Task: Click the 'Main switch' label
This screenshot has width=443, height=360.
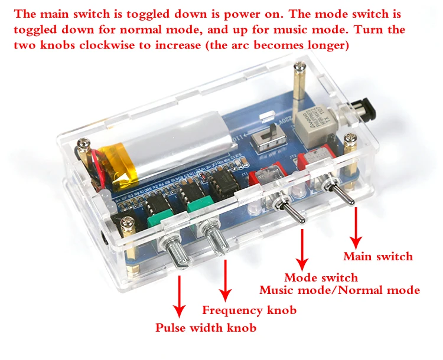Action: point(378,256)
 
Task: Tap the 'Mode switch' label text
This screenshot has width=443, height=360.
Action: point(321,277)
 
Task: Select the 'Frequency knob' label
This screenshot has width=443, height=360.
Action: point(249,310)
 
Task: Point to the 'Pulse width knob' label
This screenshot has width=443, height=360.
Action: point(206,328)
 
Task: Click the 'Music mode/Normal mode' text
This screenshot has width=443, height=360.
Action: point(340,290)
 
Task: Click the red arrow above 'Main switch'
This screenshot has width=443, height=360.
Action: point(356,227)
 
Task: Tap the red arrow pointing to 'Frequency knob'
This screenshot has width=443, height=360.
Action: point(225,280)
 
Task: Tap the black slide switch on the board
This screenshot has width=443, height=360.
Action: point(271,136)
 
